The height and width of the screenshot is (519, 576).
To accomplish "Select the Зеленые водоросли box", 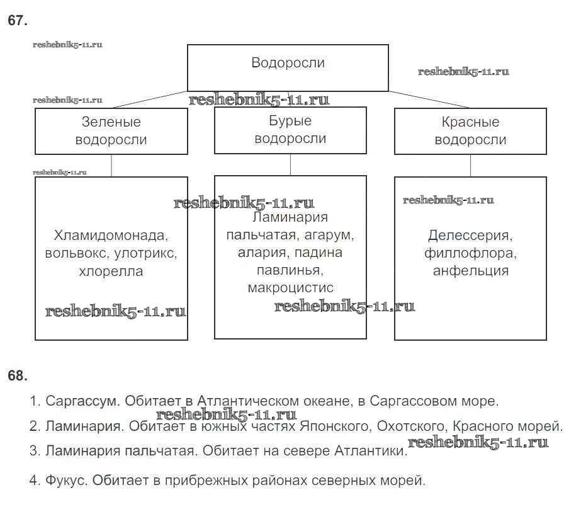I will (111, 131).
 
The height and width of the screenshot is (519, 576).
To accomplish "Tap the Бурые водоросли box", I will (290, 130).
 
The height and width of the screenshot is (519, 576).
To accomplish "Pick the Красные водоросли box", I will (470, 131).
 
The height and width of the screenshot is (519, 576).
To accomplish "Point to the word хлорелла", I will (111, 272).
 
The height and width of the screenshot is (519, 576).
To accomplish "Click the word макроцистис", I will (291, 288).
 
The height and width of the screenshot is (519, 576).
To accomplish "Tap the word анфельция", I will (470, 271).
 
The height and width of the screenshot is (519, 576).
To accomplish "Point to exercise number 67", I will (18, 21).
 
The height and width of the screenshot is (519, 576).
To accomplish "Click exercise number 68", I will (18, 376).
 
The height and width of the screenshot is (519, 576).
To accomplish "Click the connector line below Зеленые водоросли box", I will (111, 166).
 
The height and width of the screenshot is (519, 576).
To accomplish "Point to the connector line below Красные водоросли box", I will (470, 166).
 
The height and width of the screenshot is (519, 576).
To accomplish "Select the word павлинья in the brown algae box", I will (290, 271).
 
